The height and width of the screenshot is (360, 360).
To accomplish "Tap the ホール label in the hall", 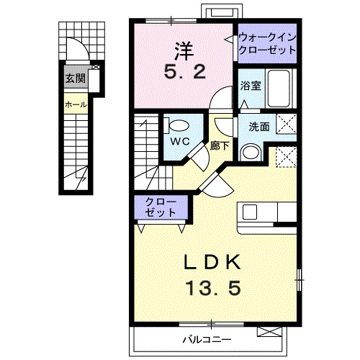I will point(76,104).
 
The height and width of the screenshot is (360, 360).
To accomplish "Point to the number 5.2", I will point(179,72).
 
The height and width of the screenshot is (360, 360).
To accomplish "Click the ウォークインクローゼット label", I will point(266,44).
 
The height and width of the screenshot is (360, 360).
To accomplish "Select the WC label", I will point(180,141).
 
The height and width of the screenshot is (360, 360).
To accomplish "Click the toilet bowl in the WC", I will point(174,123).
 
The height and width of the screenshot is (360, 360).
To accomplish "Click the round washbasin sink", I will point(251,153).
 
